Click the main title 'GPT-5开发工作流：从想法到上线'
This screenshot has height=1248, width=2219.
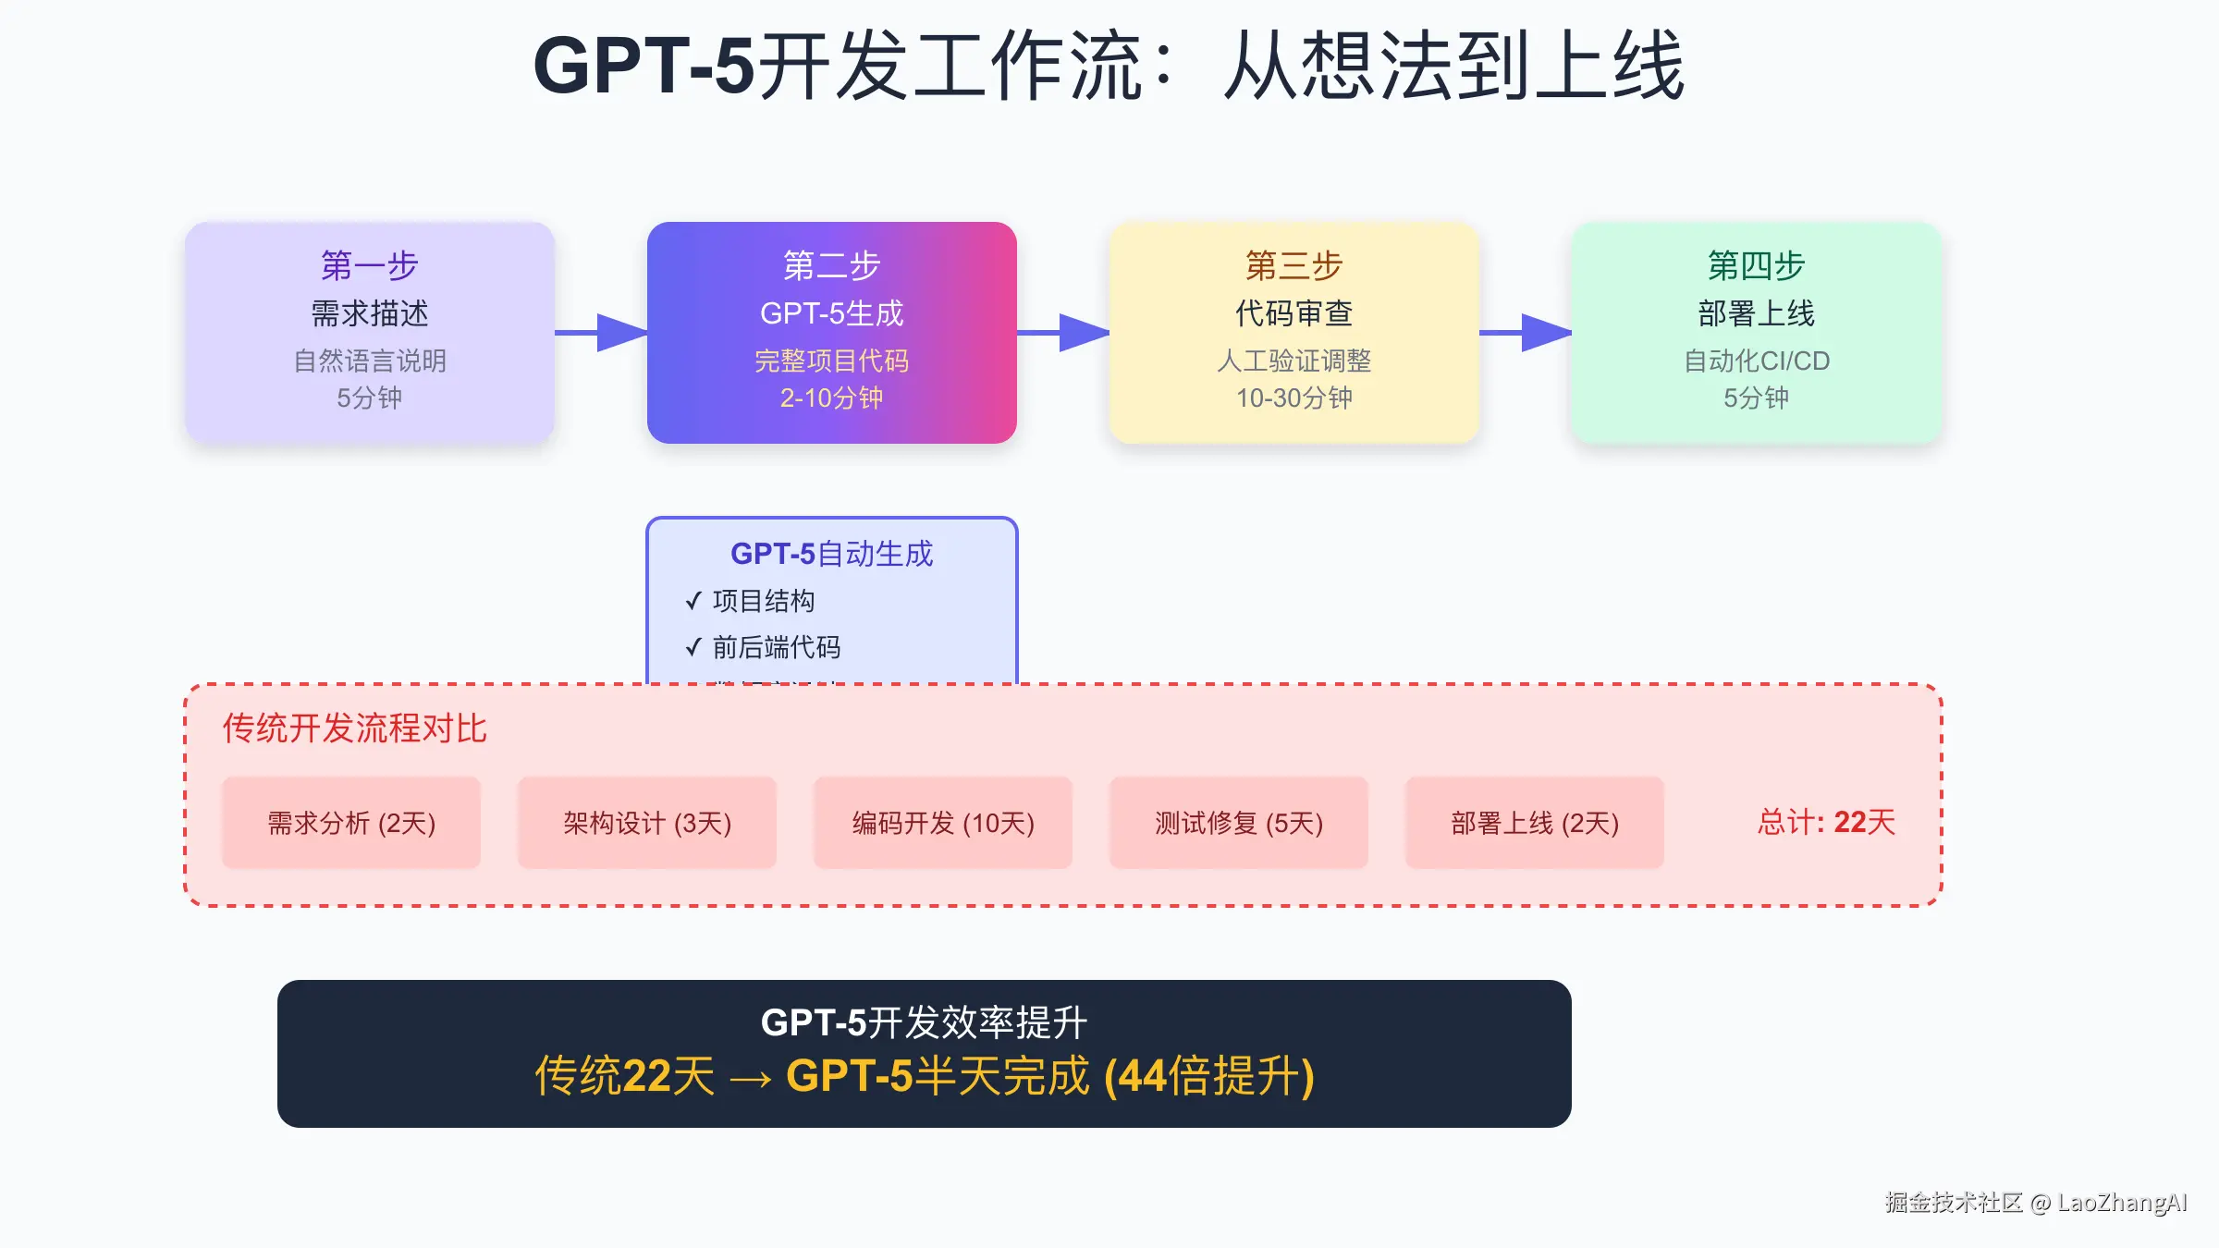pos(1109,67)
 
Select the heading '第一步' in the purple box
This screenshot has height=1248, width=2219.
pos(370,266)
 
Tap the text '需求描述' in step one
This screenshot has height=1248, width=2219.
pos(370,314)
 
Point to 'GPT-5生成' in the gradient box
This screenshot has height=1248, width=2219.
pos(832,314)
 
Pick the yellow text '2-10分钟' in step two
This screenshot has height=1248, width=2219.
pos(832,398)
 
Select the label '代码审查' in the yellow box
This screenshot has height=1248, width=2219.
pos(1294,314)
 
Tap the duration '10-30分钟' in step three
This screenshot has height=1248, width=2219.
pos(1294,398)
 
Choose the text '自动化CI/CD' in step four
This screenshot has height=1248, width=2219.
pos(1757,361)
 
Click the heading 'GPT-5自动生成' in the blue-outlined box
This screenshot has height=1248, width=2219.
pos(832,554)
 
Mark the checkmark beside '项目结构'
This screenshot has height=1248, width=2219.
pos(693,602)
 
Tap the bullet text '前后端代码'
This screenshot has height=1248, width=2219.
pos(777,647)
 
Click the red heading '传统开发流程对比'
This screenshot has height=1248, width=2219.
pos(354,728)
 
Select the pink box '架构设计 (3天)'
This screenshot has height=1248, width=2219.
pos(647,823)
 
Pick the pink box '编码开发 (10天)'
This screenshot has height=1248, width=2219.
pos(943,823)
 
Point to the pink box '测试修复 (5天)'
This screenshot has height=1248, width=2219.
pos(1239,823)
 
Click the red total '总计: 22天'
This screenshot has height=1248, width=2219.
pos(1826,822)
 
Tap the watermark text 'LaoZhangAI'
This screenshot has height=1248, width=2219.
pos(2122,1203)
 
